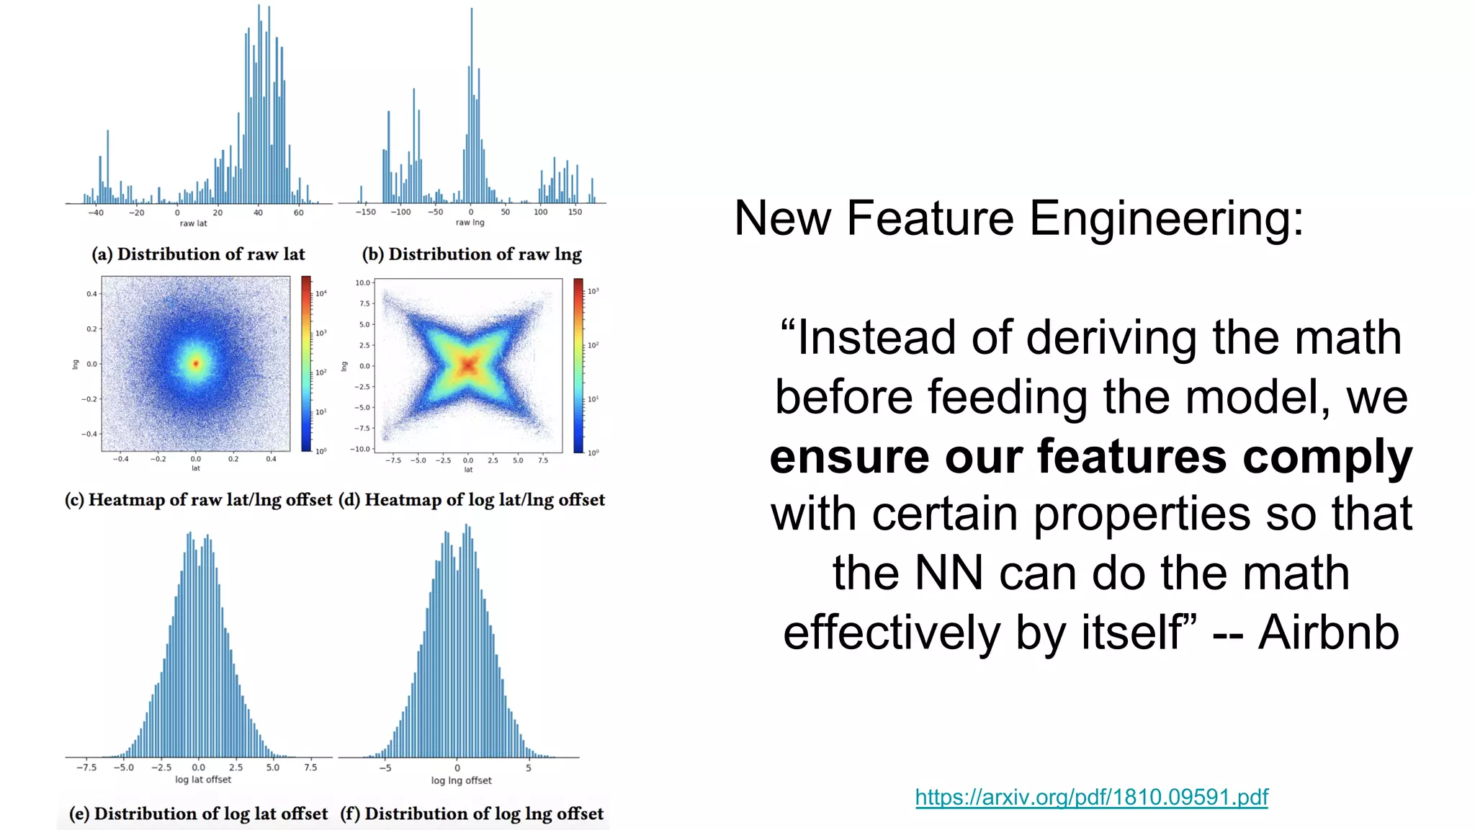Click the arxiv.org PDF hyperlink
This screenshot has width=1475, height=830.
coord(1091,797)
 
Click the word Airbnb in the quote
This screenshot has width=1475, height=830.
coord(1328,633)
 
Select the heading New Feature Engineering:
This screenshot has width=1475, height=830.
coord(1018,218)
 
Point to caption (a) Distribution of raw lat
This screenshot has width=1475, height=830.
coord(198,254)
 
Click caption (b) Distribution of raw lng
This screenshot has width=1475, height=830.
coord(472,254)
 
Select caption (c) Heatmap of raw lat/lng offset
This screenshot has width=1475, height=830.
coord(198,500)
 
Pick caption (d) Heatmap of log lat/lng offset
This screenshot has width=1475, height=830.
coord(472,500)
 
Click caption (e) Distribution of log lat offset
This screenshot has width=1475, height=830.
coord(198,813)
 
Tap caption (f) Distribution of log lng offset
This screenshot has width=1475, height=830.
coord(472,813)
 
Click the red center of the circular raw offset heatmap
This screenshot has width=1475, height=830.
coord(195,364)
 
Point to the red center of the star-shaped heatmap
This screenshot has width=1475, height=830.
coord(468,366)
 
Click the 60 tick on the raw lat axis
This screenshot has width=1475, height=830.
coord(298,213)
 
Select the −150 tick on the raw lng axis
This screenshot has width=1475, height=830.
coord(365,212)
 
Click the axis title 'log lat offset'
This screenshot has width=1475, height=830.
coord(203,780)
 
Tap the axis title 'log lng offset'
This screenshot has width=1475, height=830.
coord(461,780)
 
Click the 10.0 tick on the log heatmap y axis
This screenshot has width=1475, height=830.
coord(362,282)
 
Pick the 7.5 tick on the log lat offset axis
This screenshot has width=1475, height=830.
coord(310,767)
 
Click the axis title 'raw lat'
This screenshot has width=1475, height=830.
coord(193,223)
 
